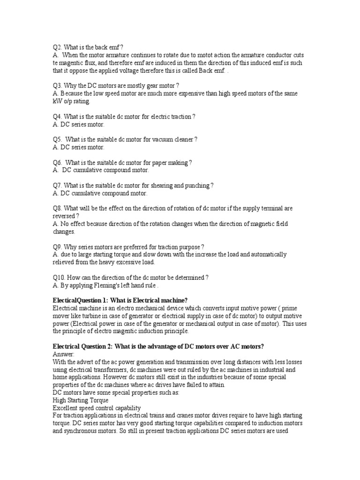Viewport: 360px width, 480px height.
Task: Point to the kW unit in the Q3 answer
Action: coord(57,101)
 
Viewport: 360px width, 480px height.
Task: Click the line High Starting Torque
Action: coord(80,400)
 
